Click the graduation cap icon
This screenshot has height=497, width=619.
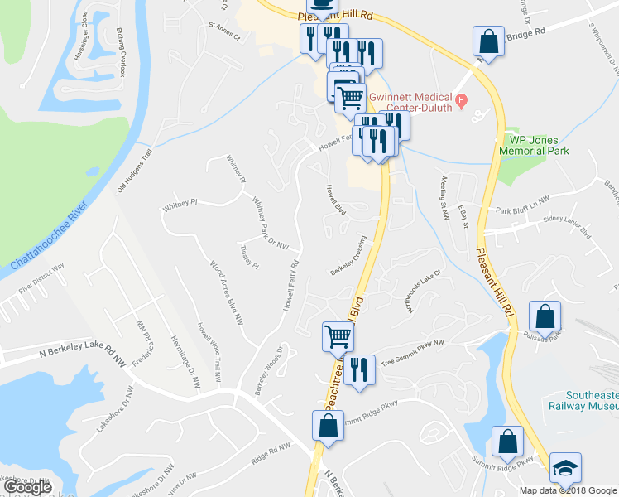pos(565,467)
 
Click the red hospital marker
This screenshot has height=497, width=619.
pos(463,102)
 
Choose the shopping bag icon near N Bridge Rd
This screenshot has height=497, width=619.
pos(489,41)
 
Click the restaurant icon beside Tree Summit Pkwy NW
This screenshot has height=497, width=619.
pos(358,368)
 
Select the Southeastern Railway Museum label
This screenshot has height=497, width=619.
pos(583,400)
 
